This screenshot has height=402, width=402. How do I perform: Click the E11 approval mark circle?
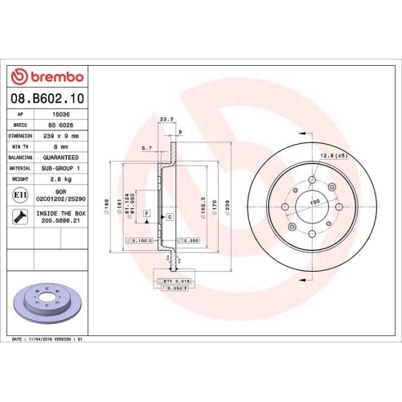pos(20,195)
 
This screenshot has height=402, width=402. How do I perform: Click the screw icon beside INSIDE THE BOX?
pos(20,216)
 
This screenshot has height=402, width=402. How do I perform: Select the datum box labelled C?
pos(170,217)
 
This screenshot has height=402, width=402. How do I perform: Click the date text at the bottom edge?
pos(47,340)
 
